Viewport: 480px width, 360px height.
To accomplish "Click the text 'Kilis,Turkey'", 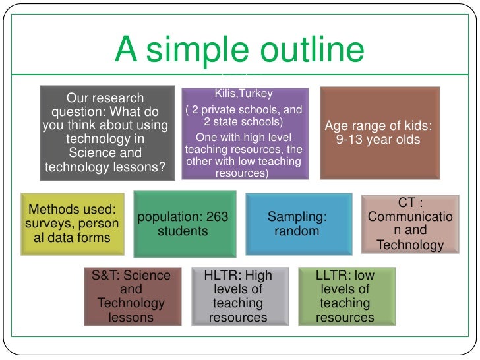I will coord(244,94).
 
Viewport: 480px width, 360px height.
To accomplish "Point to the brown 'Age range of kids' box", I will coord(380,133).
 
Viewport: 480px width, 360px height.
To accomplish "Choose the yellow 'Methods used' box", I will coord(73,223).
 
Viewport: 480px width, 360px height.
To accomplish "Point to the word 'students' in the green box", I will coord(183,231).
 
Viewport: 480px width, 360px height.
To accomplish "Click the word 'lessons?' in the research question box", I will coord(138,167).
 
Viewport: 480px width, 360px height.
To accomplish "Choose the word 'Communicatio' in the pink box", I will coord(410,217).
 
